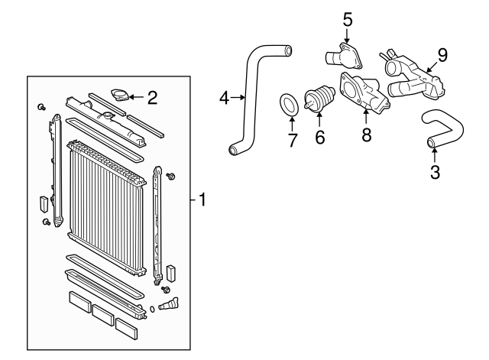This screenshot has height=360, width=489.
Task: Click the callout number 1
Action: pos(202,199)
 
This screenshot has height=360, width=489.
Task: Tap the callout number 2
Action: pos(153,98)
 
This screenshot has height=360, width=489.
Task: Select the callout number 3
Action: pos(435,172)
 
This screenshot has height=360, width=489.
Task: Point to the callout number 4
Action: pos(224,98)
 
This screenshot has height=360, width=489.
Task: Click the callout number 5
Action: pos(348,20)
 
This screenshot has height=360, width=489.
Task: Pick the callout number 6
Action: pos(320,138)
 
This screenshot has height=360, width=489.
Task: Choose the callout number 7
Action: pos(293,140)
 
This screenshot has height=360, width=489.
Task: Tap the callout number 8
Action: pos(367,135)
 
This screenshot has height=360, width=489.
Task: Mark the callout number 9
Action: pos(442,56)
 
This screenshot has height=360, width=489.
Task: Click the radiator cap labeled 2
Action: pos(120,95)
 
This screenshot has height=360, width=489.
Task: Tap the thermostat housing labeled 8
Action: pos(364,92)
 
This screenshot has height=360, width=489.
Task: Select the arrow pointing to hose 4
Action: pos(238,98)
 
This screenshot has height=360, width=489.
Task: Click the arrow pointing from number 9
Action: pos(432,66)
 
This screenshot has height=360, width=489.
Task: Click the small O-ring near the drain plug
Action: pos(152,309)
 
